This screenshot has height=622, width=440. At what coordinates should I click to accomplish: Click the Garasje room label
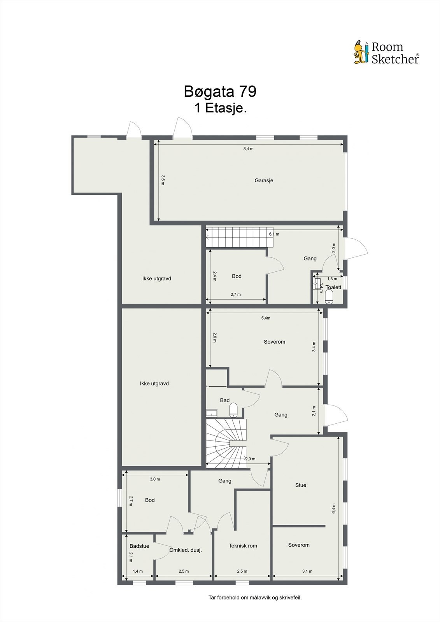264,180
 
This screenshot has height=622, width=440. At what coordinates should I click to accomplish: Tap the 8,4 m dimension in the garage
248,149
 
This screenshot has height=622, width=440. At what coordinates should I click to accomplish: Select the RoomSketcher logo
386,53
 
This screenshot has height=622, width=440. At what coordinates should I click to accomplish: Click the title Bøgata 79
220,92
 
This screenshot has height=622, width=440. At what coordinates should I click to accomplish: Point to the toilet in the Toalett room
329,298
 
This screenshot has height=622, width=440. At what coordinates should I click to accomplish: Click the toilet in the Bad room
233,410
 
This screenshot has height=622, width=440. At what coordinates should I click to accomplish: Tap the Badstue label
139,546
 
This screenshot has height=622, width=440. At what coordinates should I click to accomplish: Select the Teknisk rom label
243,546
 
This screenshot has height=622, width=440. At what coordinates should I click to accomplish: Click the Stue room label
301,485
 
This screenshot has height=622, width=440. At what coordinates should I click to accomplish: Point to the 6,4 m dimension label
334,508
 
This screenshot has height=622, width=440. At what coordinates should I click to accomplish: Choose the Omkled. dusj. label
186,550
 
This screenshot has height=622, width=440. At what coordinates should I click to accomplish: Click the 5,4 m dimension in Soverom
266,318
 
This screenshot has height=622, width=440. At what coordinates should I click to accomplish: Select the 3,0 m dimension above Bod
155,479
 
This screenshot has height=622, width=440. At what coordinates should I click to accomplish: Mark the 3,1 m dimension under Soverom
307,571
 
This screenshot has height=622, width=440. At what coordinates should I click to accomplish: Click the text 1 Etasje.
221,108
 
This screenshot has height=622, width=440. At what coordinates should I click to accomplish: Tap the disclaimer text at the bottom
255,598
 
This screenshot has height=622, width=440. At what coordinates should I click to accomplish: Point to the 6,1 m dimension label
274,234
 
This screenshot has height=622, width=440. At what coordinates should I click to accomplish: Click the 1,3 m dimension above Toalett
332,279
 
